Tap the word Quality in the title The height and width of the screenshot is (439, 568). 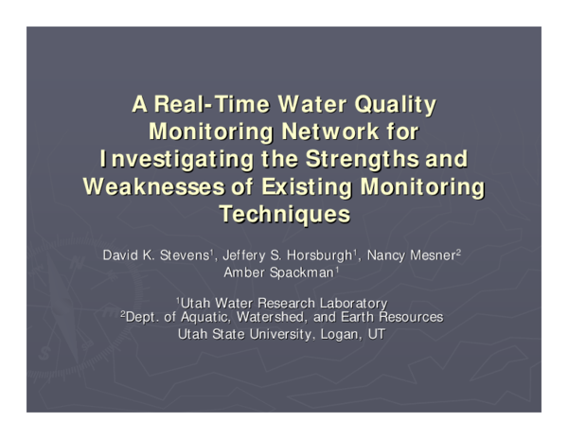click(397, 103)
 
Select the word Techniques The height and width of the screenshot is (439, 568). click(284, 213)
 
